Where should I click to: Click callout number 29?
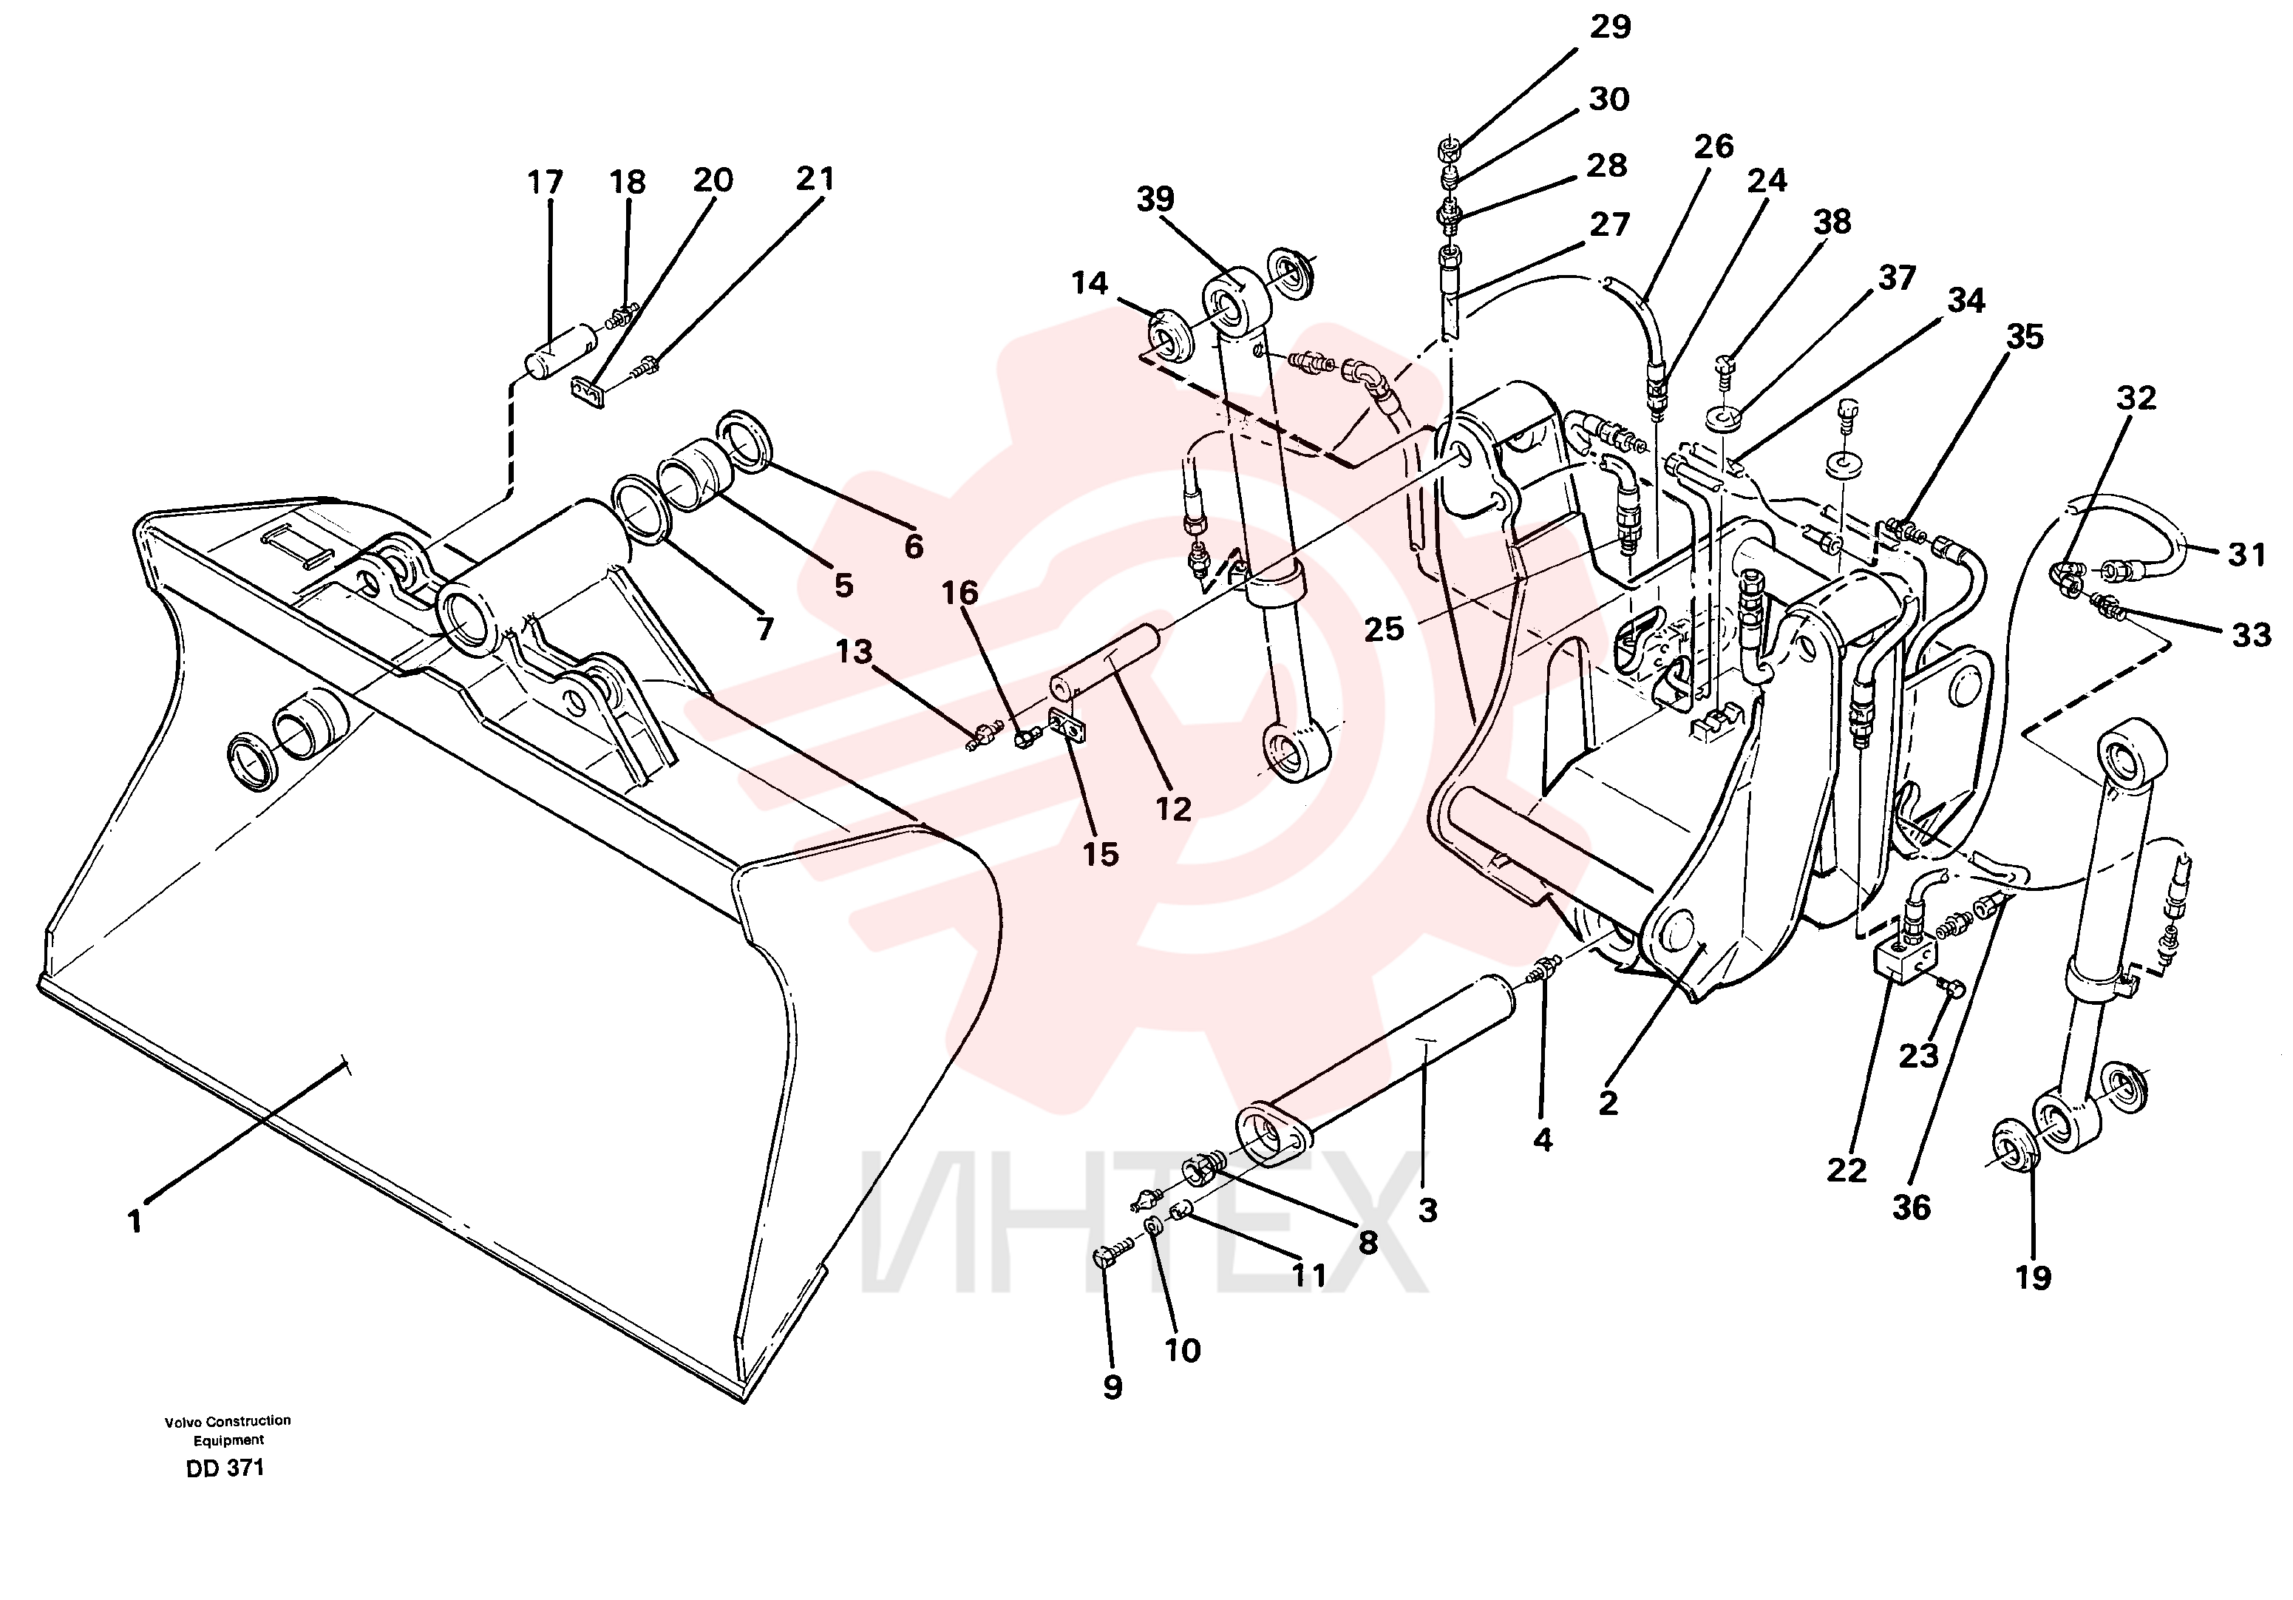coord(1610,27)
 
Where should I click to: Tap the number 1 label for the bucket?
coord(135,1221)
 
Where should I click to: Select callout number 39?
coord(1155,199)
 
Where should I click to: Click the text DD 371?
coord(225,1468)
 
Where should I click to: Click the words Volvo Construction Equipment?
coord(228,1430)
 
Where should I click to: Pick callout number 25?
coord(1385,628)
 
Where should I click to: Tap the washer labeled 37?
coord(1724,416)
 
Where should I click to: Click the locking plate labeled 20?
coord(591,395)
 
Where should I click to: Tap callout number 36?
coord(1912,1207)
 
